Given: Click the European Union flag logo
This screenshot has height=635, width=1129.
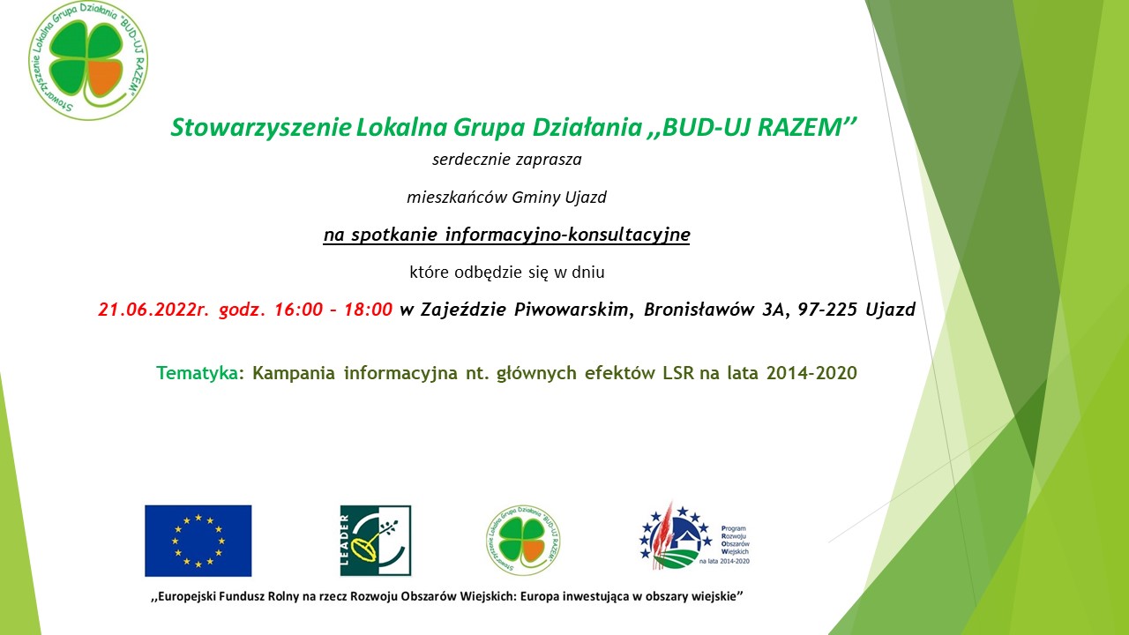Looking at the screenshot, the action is coord(198,541).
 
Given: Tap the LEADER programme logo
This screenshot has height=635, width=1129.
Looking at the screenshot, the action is coord(376,541).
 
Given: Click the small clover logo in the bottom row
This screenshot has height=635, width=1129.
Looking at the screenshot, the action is coord(523,541).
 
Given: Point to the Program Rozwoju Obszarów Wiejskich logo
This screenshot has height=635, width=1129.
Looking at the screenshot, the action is coord(694,536).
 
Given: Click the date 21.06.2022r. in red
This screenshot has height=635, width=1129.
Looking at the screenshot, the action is coord(153,310).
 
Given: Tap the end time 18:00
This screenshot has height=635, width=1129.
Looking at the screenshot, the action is coord(368,310).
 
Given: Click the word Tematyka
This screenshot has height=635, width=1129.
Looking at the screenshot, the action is coord(197,373).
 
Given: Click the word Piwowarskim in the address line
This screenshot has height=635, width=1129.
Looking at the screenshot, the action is coord(571,310).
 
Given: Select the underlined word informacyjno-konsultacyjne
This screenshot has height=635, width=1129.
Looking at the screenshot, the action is coord(567,235).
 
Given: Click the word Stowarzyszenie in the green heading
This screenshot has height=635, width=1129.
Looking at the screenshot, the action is coord(260,128).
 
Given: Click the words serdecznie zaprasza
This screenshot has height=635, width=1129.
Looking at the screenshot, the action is coord(507,160).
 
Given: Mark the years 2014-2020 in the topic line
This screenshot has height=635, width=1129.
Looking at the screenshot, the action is coord(811,373).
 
